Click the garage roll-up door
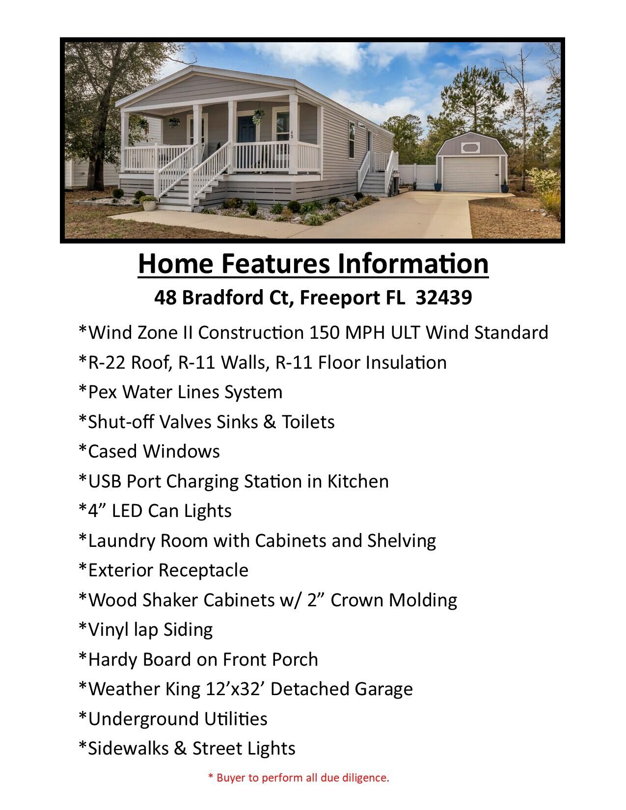click(471, 174)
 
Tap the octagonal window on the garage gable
click(470, 148)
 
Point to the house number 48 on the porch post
click(292, 134)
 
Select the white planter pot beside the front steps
click(149, 204)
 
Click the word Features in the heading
click(276, 264)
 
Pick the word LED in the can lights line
click(127, 511)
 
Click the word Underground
click(143, 719)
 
